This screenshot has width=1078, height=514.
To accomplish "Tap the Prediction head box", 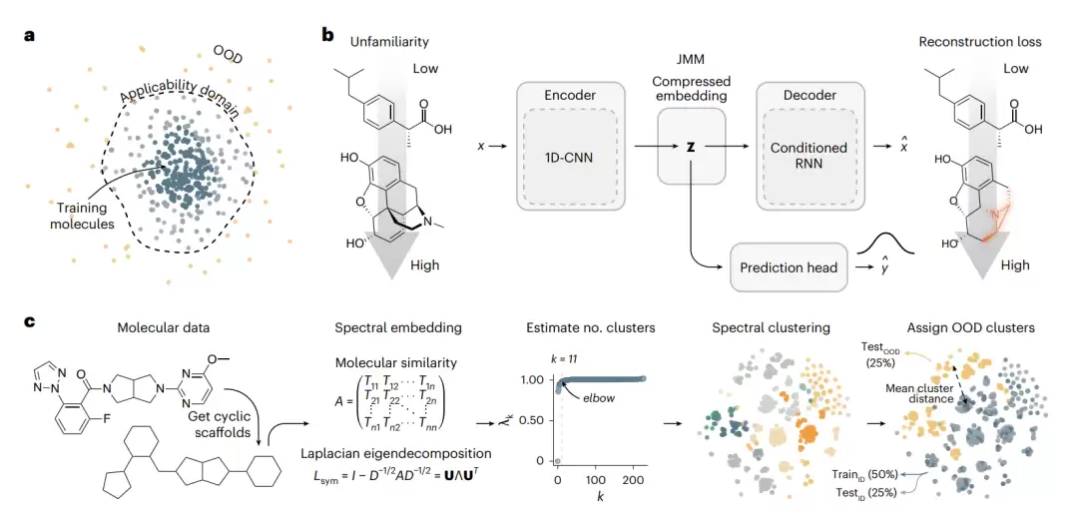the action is [788, 266].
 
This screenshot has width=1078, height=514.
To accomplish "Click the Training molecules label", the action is [83, 216].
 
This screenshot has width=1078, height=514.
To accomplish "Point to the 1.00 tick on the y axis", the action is [532, 380].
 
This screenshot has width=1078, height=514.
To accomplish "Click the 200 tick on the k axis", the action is [637, 478].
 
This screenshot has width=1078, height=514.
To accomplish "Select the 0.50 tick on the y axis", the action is [532, 420].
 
